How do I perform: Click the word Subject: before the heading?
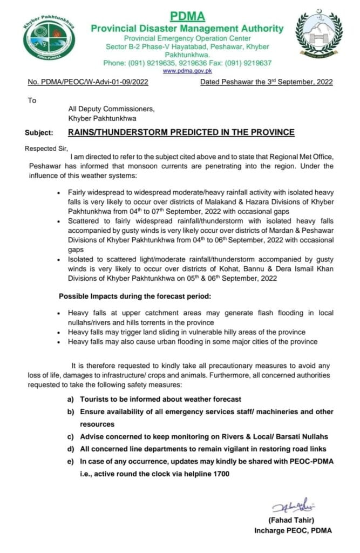(39, 132)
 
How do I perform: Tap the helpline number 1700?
(220, 473)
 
